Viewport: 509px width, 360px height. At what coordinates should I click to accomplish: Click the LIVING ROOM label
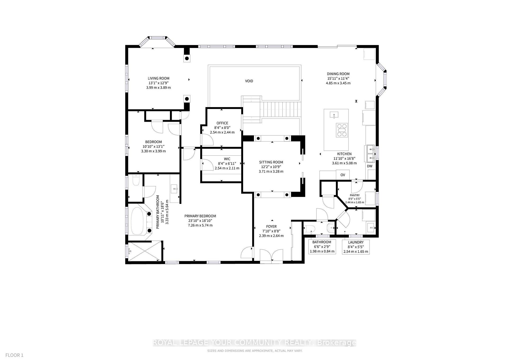click(x=159, y=78)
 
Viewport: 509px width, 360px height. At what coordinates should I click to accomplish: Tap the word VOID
click(x=249, y=81)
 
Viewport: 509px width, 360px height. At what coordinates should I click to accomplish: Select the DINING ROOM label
click(x=338, y=74)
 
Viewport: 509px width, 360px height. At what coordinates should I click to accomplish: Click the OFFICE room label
click(x=222, y=123)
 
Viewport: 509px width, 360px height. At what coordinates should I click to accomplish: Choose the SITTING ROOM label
click(x=271, y=162)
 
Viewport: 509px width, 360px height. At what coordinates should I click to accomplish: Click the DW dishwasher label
click(x=370, y=166)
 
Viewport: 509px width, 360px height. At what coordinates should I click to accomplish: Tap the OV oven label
click(x=343, y=175)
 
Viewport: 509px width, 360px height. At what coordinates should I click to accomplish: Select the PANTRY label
click(x=355, y=195)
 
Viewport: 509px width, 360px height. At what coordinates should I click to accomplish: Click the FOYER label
click(x=271, y=227)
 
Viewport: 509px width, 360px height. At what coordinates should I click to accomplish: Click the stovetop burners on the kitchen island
click(x=342, y=130)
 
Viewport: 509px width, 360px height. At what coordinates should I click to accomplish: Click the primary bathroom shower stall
click(x=144, y=251)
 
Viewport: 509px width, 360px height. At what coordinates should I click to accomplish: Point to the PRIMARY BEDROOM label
click(x=200, y=216)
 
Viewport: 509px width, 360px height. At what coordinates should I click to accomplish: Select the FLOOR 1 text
click(x=15, y=355)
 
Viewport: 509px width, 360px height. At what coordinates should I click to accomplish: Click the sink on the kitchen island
click(x=334, y=115)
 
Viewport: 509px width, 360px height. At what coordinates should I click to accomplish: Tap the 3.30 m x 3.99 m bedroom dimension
click(x=153, y=151)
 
